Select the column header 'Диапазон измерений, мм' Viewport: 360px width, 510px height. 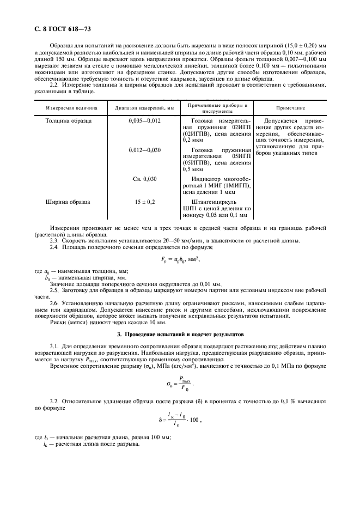[144, 108]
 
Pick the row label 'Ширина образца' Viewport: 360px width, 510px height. [66, 202]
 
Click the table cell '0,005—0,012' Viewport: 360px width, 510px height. [144, 120]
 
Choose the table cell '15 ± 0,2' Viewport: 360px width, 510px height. [144, 202]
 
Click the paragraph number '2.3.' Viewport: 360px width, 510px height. [55, 240]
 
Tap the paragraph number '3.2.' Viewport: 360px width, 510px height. [55, 399]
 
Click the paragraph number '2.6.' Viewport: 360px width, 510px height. [55, 302]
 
